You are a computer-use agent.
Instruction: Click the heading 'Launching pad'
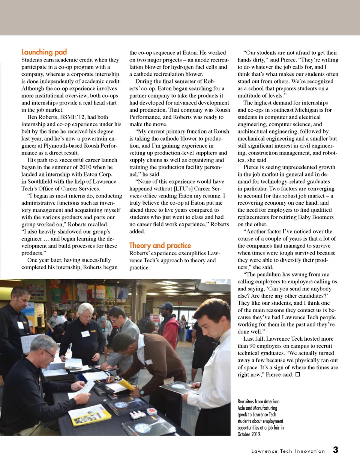click(x=44, y=52)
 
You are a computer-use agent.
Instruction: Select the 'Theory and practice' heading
click(x=160, y=245)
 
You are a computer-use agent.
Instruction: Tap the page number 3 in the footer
click(x=335, y=450)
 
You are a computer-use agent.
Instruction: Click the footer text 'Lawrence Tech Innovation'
click(x=288, y=451)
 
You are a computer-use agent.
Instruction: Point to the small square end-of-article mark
click(x=298, y=374)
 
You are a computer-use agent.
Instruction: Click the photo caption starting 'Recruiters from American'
click(x=260, y=418)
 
